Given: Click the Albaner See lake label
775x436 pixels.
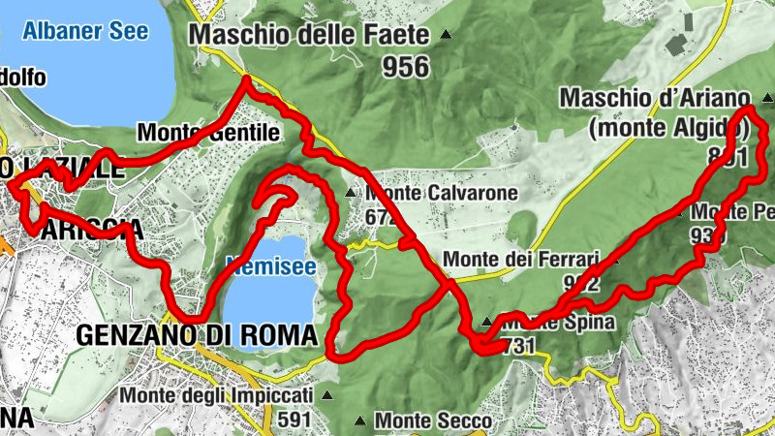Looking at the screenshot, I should tap(86, 30).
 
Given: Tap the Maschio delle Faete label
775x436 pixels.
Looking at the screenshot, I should tap(308, 36).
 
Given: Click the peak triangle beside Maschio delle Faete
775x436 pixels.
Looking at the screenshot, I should tap(446, 35).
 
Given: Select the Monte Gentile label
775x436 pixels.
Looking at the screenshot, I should tap(208, 132).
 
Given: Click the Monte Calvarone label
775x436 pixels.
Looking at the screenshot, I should tap(441, 193).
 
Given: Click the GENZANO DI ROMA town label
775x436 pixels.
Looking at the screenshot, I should tap(197, 335).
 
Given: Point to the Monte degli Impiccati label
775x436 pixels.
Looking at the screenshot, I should tap(217, 396).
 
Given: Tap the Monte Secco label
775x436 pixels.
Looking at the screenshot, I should tap(433, 421).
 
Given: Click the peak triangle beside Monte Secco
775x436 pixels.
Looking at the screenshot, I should tap(360, 421).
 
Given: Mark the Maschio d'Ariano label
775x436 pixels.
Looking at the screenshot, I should tap(655, 98).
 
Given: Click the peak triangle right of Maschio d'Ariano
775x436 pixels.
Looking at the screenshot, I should tap(766, 98).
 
